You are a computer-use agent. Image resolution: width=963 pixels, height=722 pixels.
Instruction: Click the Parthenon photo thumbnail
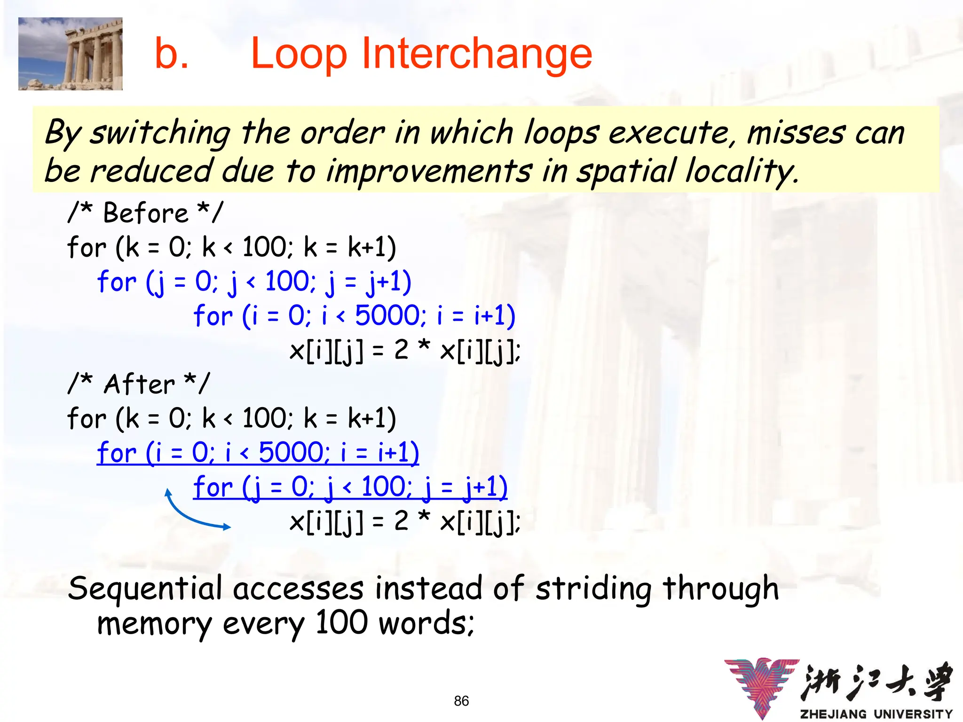(71, 54)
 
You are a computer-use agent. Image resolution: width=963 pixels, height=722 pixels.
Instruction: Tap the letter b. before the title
(172, 54)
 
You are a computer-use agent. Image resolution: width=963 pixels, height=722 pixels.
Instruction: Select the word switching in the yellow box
(160, 133)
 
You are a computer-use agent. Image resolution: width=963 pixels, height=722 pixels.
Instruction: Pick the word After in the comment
(139, 384)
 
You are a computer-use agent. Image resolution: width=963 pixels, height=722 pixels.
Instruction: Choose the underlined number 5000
(291, 452)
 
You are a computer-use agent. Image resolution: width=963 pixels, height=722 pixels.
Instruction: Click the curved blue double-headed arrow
(193, 515)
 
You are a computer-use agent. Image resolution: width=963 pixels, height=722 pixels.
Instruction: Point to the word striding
(593, 589)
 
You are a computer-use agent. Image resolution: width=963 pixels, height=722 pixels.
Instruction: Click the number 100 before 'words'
(341, 622)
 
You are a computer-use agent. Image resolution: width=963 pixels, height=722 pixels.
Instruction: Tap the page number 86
(461, 701)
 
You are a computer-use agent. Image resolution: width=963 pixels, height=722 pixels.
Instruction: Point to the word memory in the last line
(154, 624)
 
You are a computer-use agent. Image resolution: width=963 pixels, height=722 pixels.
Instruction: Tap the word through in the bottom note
(720, 589)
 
